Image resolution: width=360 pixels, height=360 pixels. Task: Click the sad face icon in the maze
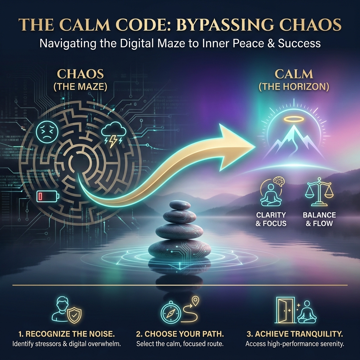[x=47, y=132]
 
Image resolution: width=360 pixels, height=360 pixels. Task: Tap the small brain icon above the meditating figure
[x=279, y=181]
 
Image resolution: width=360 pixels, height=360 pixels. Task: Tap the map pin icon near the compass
[x=195, y=301]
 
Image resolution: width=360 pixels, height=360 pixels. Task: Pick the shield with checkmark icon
[x=74, y=315]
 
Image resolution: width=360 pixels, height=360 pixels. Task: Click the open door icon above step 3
[x=285, y=310]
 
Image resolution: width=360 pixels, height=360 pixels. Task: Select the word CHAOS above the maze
[x=81, y=74]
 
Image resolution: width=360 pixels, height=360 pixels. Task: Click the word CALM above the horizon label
[x=294, y=74]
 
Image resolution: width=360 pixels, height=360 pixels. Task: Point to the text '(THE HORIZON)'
[x=294, y=86]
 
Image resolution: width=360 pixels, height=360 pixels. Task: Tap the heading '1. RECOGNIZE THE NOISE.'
[x=66, y=334]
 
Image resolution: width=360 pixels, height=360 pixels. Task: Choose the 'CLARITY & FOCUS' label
[x=271, y=219]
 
